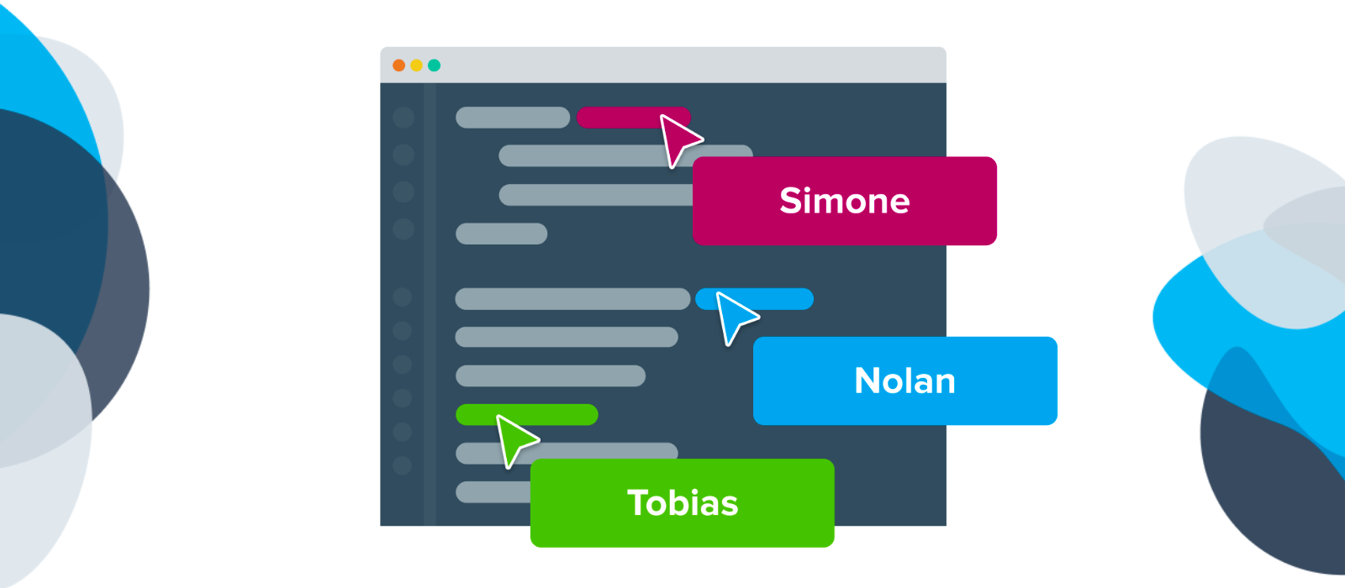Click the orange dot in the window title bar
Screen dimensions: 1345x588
coord(398,66)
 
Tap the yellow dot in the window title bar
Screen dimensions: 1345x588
coord(416,66)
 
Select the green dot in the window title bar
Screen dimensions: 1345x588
coord(434,66)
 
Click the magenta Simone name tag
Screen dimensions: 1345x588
coord(844,201)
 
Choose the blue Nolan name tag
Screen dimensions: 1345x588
coord(905,381)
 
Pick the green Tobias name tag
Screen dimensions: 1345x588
coord(682,502)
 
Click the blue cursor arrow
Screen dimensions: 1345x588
coord(734,316)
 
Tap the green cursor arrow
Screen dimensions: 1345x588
coord(514,438)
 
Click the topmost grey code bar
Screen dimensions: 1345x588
coord(513,118)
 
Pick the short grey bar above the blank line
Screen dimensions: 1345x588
coord(501,234)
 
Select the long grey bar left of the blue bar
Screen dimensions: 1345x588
coord(572,298)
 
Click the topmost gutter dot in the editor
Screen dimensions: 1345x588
coord(403,118)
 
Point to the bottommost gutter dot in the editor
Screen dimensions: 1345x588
coord(403,465)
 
